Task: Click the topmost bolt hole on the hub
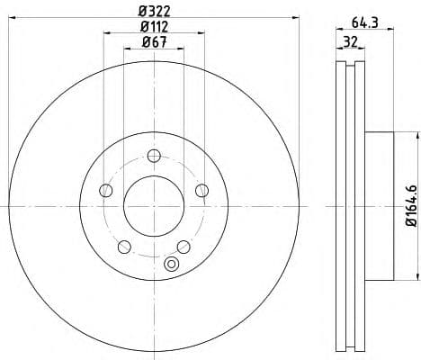pyautogui.click(x=153, y=154)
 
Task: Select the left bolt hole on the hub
pyautogui.click(x=105, y=189)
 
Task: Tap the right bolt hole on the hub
pyautogui.click(x=202, y=189)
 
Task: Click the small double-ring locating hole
pyautogui.click(x=172, y=264)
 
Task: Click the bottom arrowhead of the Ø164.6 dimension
pyautogui.click(x=417, y=278)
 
